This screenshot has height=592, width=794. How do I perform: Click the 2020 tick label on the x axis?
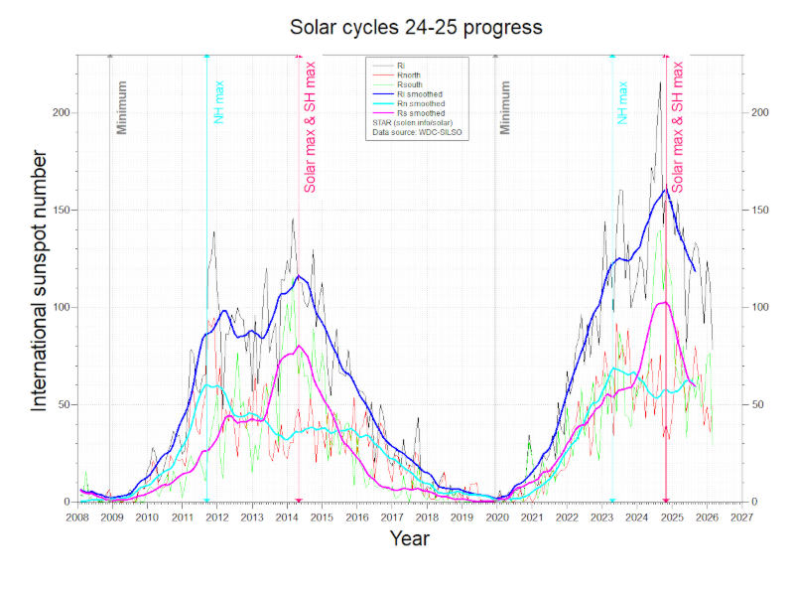click(496, 518)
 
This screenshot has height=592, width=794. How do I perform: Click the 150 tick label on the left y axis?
click(62, 210)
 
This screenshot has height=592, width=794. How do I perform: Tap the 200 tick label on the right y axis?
click(761, 112)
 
